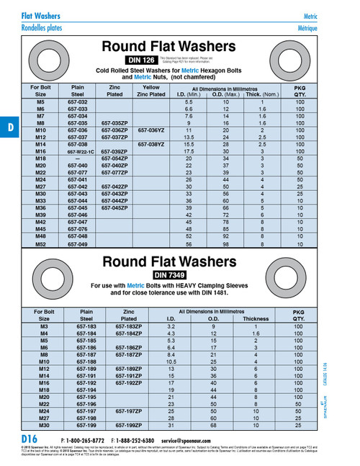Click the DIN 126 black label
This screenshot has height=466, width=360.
click(140, 60)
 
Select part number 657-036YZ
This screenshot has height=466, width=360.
click(151, 130)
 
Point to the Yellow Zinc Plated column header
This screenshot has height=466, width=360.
click(151, 90)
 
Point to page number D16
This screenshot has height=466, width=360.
click(29, 439)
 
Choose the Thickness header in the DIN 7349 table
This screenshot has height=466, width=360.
click(256, 318)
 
